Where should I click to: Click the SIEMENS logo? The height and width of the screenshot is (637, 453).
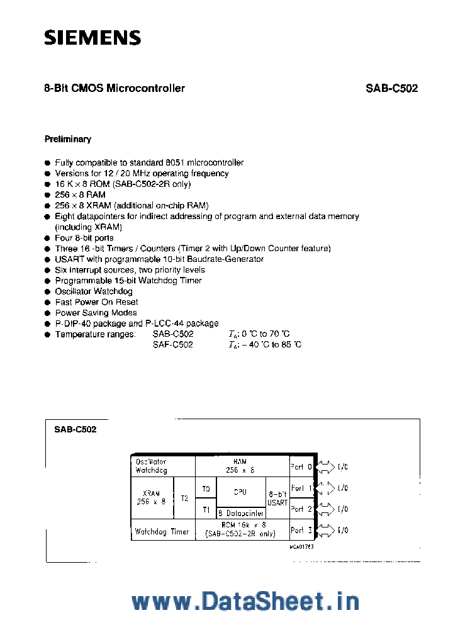(92, 38)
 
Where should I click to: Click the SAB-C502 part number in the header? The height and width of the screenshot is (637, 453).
(391, 89)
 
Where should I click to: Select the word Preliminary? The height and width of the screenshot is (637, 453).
(67, 139)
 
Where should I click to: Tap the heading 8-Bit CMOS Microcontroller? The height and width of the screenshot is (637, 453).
(115, 89)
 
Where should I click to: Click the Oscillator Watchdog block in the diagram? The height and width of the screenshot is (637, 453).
(162, 466)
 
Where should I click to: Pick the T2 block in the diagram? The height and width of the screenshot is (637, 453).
(184, 498)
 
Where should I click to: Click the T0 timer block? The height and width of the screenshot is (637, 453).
(206, 488)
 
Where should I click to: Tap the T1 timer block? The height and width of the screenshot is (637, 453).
(206, 509)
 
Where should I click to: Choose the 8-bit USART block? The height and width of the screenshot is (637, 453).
(277, 499)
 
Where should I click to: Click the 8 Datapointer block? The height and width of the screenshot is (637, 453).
(240, 514)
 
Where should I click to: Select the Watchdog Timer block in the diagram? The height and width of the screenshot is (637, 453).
(162, 531)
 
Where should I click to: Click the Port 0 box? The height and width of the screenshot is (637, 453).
(301, 467)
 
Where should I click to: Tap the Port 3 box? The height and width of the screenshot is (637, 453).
(301, 531)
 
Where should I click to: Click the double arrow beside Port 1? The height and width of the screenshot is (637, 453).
(325, 488)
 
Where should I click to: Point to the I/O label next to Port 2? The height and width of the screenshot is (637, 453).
(343, 509)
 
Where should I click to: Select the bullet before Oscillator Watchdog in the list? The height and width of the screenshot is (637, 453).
(48, 292)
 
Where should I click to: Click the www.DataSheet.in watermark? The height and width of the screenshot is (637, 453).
(245, 602)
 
